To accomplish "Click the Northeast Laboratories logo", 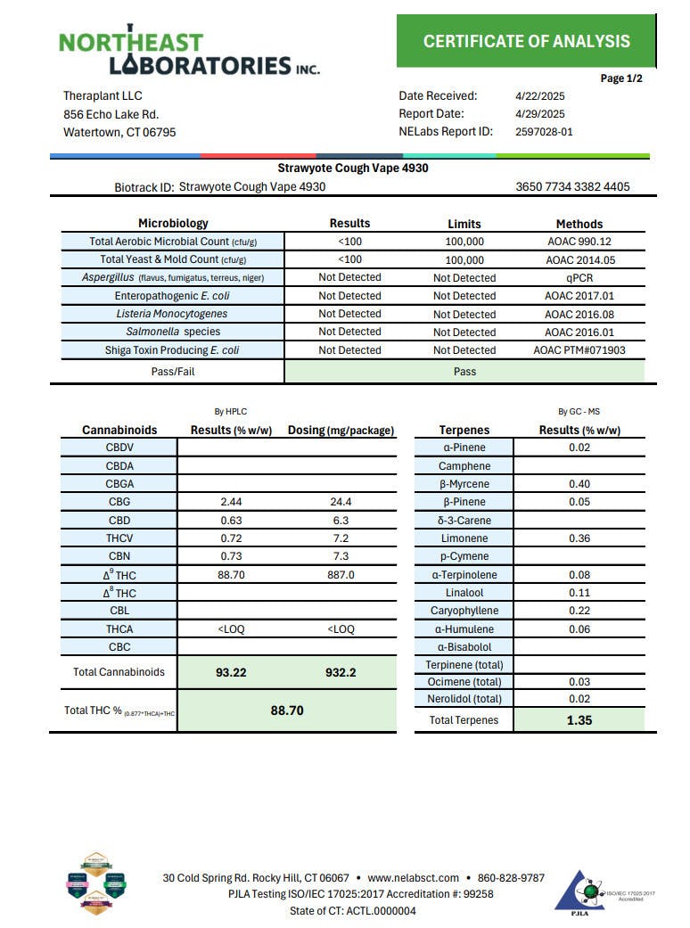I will click(x=189, y=53).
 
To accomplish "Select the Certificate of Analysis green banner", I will click(x=526, y=41).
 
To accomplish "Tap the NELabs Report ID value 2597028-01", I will click(x=544, y=132).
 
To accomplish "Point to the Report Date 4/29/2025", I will click(x=540, y=114).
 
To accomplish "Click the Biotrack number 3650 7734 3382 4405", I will click(x=572, y=187).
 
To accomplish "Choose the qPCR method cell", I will click(x=579, y=277).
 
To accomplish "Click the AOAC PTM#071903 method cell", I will click(x=579, y=350).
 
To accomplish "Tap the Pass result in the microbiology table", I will click(x=464, y=371).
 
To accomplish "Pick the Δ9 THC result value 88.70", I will click(x=232, y=575).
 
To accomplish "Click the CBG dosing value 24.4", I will click(x=341, y=502).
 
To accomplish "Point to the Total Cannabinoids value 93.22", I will click(x=232, y=672).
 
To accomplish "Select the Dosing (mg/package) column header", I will click(x=341, y=431).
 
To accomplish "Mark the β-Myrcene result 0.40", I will click(x=579, y=484).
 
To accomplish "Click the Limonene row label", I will click(x=464, y=538).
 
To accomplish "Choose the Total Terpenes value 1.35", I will click(x=579, y=720).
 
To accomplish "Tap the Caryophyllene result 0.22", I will click(x=579, y=611).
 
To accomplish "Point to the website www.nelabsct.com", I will click(x=413, y=878).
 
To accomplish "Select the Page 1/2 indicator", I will click(x=621, y=78).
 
